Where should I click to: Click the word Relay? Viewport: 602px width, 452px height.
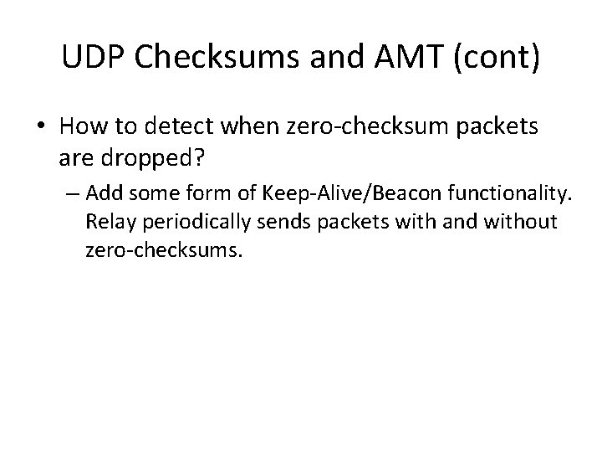[105, 222]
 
